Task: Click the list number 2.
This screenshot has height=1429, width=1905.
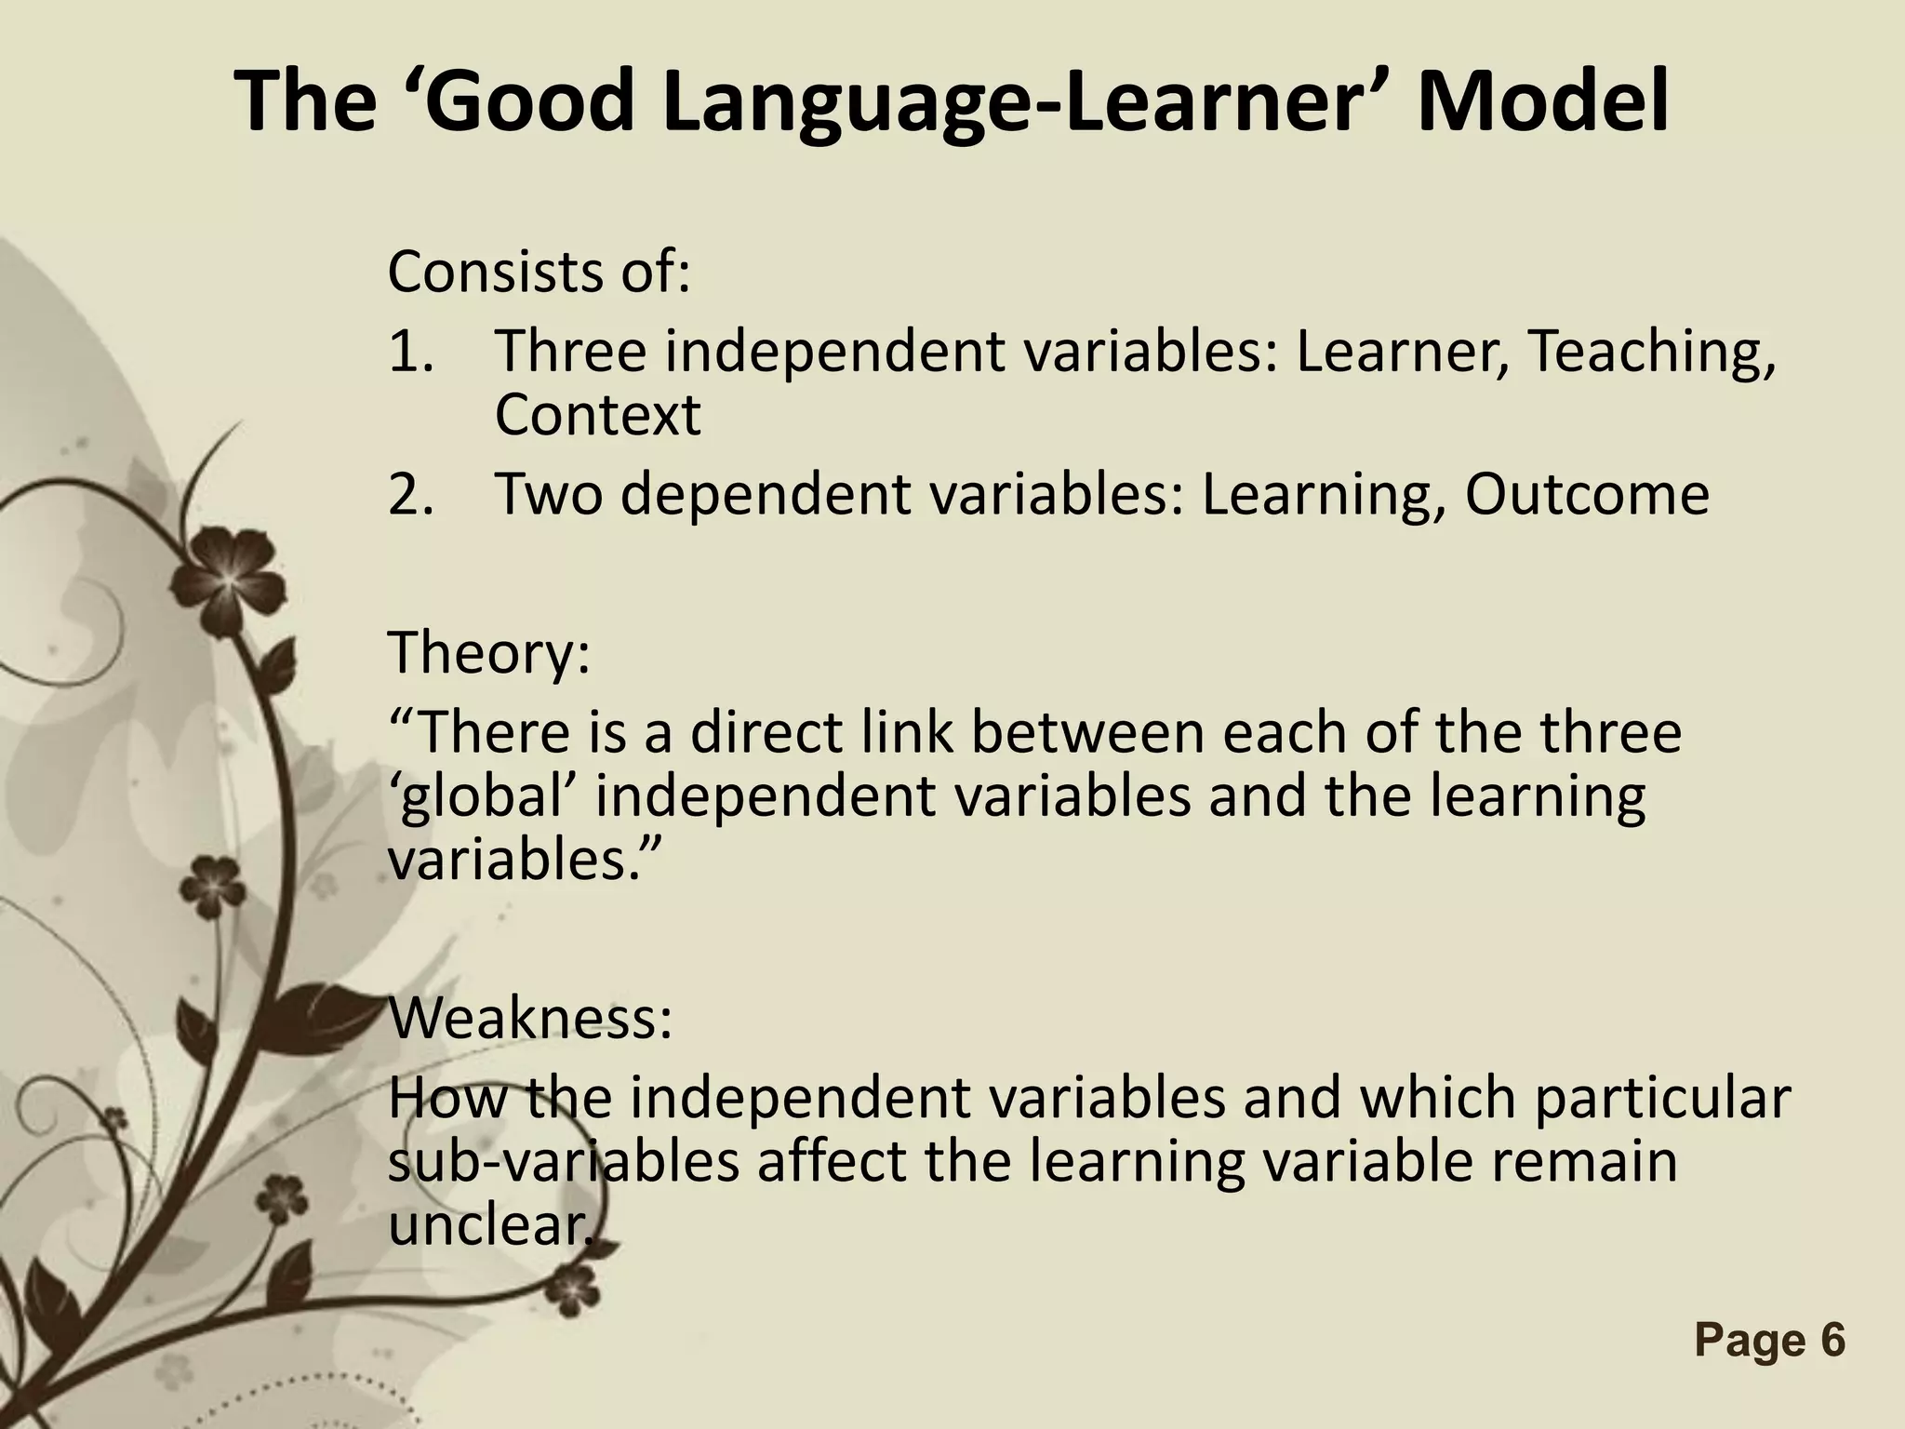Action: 413,494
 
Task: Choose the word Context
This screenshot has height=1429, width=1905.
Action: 597,415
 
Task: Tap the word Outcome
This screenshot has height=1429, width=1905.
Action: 1587,494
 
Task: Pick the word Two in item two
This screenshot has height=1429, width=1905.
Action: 549,494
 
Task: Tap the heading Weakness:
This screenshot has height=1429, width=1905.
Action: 529,1019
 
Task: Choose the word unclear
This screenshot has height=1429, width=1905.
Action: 489,1226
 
